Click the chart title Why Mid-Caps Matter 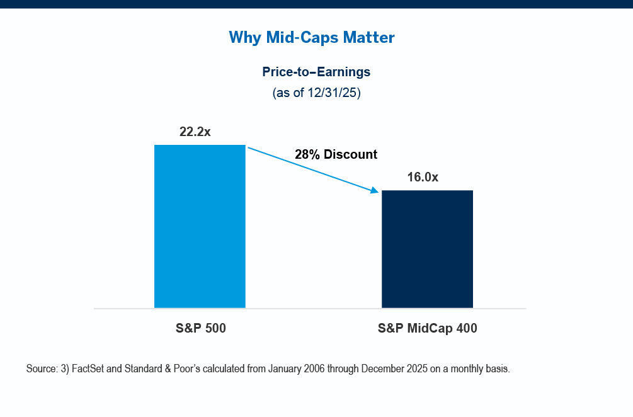[x=312, y=37]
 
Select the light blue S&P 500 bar [x=200, y=226]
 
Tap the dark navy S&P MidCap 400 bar [x=427, y=249]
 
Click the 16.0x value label [x=423, y=177]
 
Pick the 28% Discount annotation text [x=336, y=154]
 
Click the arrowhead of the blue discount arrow [x=376, y=191]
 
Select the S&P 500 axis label [x=200, y=328]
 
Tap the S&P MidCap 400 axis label [x=427, y=328]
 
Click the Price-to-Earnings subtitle [x=316, y=72]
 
